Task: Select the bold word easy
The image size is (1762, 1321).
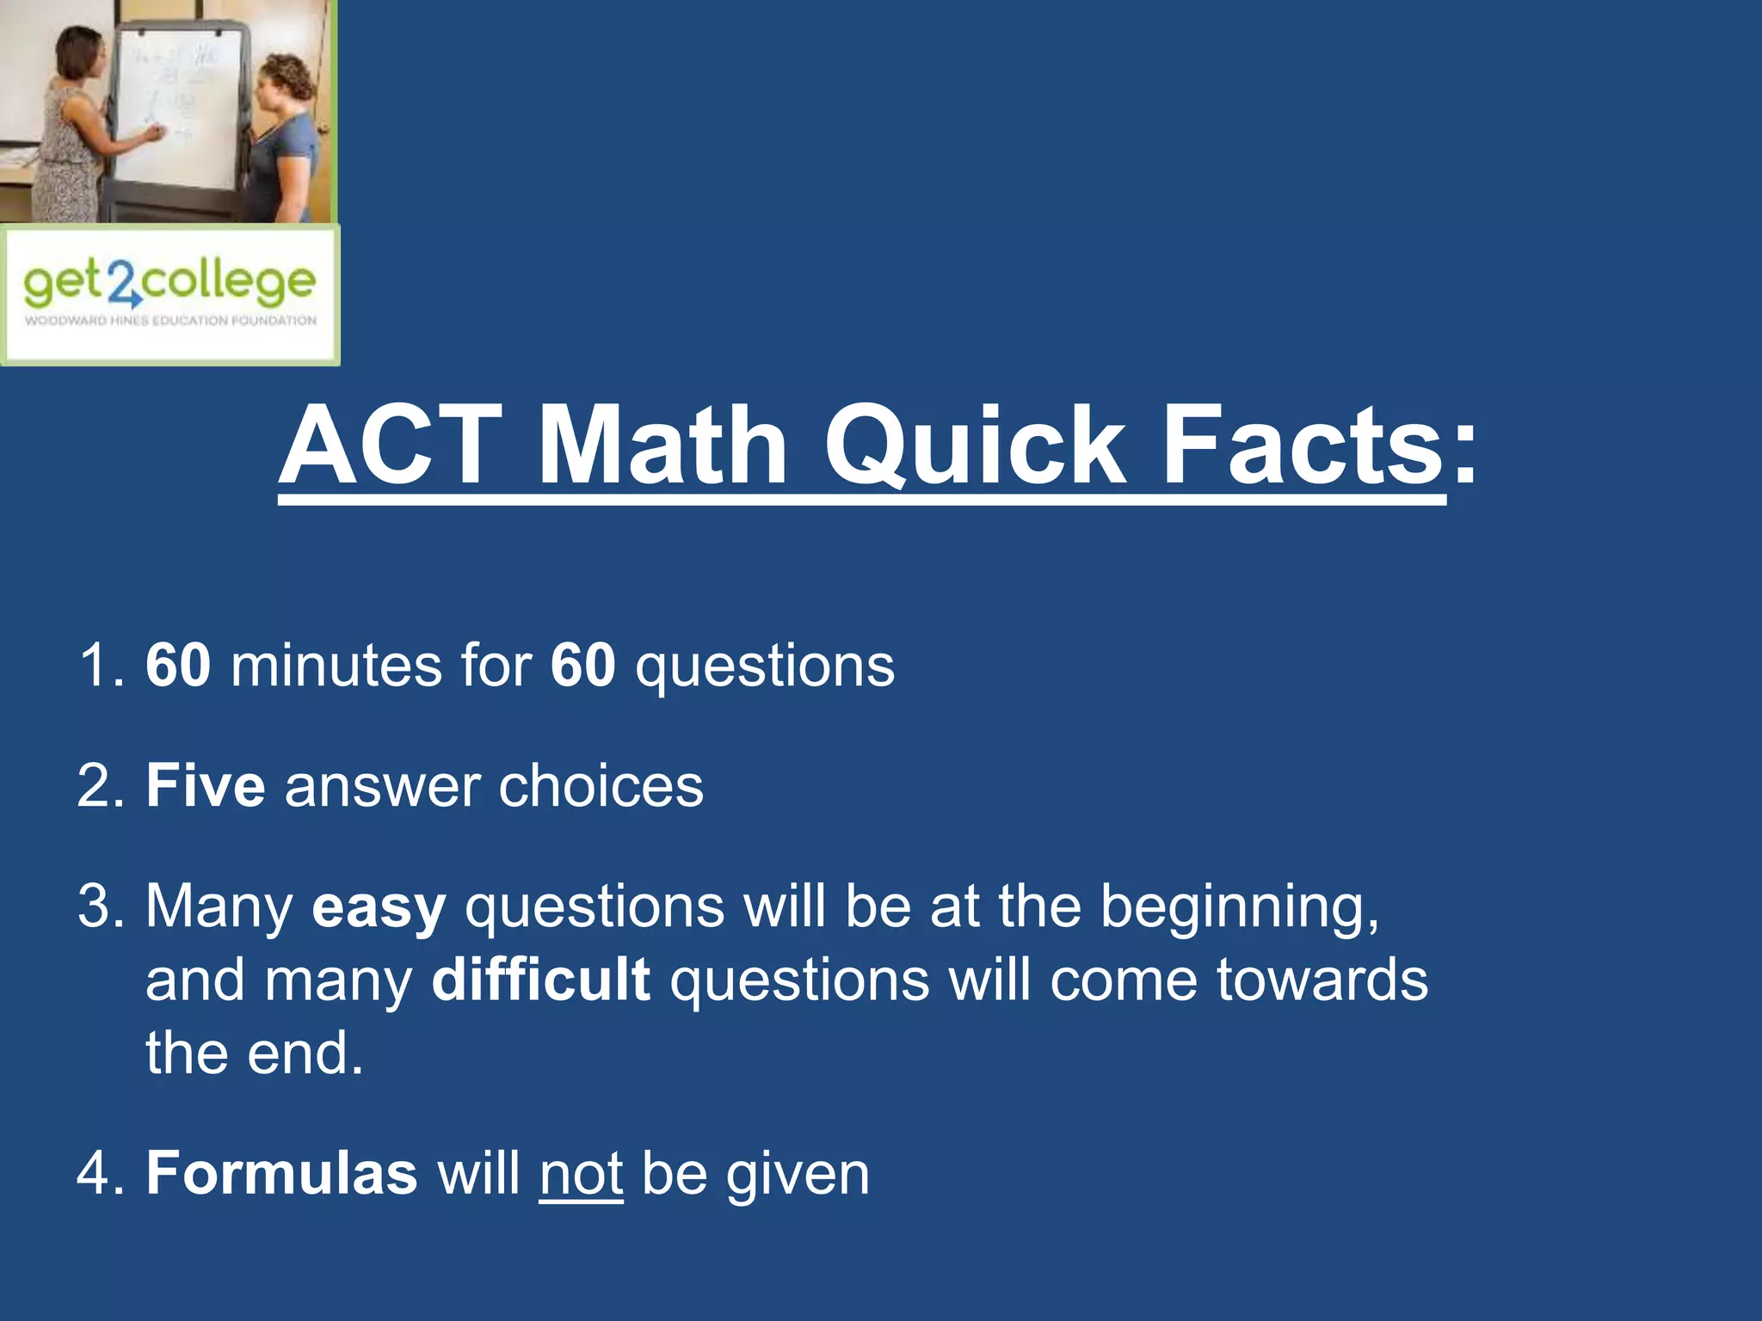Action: point(379,908)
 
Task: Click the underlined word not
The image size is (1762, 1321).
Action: point(581,1174)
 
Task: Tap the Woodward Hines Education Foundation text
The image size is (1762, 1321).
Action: point(170,321)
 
